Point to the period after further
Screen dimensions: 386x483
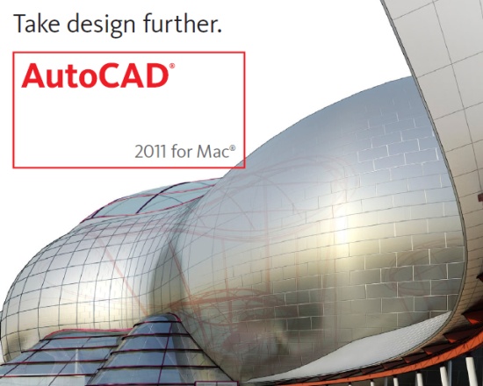point(219,32)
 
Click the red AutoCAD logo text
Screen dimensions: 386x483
point(93,75)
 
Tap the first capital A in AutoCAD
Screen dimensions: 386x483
point(32,75)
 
